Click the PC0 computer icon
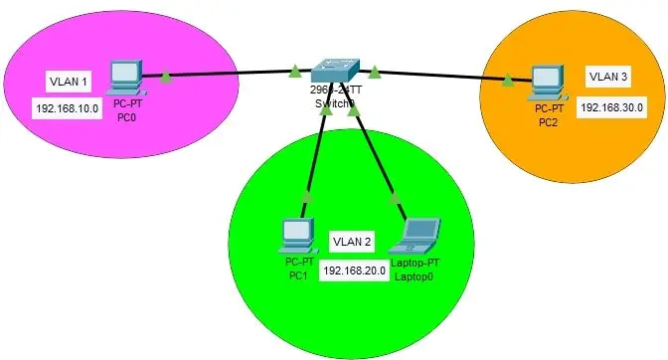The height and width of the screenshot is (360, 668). click(124, 74)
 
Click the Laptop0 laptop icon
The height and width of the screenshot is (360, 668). click(415, 236)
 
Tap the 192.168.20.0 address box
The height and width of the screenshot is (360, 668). click(353, 270)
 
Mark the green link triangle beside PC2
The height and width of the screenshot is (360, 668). click(508, 80)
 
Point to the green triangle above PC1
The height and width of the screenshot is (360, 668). click(306, 197)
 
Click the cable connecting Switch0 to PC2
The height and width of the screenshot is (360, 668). click(442, 76)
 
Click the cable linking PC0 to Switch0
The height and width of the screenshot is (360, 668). click(229, 73)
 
